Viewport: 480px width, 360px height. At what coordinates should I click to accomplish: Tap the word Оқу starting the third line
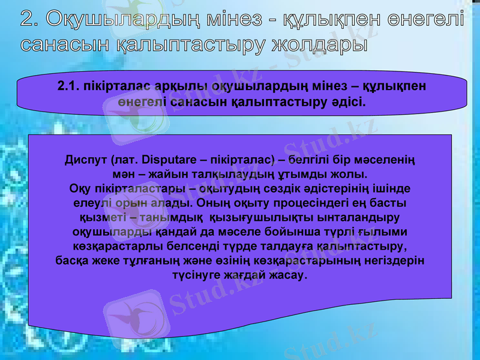coord(80,189)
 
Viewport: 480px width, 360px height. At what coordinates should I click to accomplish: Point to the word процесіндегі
coord(284,203)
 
